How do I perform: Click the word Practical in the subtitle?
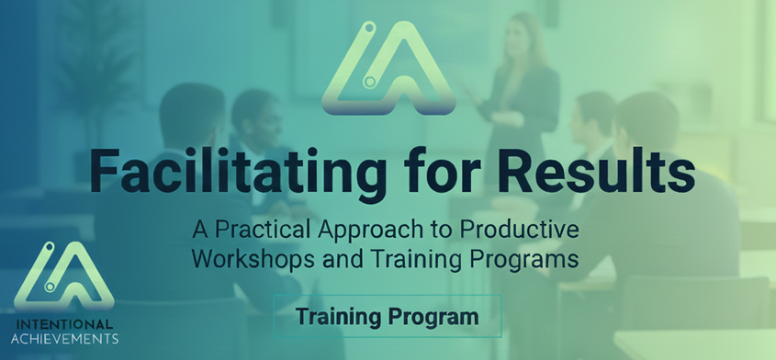[260, 231]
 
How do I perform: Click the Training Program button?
[388, 316]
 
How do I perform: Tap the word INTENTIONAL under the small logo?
[64, 325]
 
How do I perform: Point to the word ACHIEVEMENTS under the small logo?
[64, 339]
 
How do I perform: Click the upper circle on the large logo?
[367, 28]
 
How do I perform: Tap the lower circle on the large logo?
[368, 81]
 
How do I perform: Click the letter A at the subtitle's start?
[200, 231]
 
